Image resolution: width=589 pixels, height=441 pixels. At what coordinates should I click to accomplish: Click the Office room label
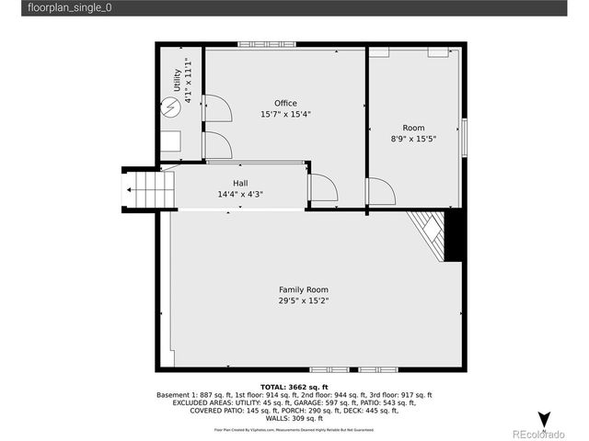pyautogui.click(x=285, y=103)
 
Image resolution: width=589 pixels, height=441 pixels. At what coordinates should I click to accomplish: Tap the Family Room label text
pyautogui.click(x=304, y=289)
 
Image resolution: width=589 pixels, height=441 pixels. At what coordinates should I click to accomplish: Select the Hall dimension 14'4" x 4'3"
pyautogui.click(x=239, y=195)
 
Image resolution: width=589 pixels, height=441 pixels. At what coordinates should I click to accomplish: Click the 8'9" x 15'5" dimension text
pyautogui.click(x=413, y=140)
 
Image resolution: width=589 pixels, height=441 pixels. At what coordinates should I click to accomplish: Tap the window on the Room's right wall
pyautogui.click(x=464, y=138)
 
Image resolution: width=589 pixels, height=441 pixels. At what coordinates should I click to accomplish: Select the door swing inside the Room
pyautogui.click(x=380, y=192)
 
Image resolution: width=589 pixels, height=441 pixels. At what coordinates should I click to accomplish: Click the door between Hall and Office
pyautogui.click(x=323, y=188)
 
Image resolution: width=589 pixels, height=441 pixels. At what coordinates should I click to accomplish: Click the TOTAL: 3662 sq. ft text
pyautogui.click(x=294, y=387)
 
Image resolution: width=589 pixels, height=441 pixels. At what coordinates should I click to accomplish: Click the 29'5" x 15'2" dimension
pyautogui.click(x=304, y=300)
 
